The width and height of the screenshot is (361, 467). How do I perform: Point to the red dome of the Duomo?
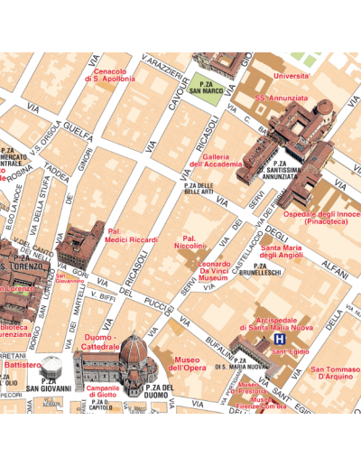tap(133, 349)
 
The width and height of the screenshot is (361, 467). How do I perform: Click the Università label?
tap(291, 76)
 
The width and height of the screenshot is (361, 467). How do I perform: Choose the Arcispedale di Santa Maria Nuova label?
tap(274, 322)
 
